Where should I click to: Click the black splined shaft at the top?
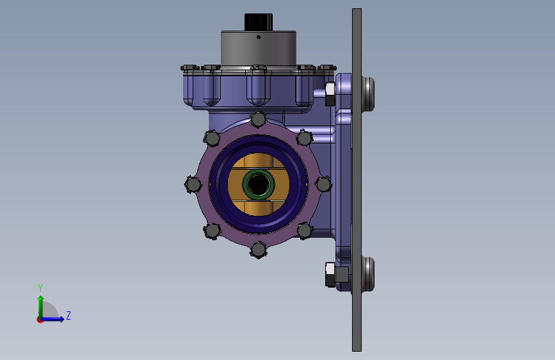[x=259, y=22]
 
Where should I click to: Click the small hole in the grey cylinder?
[x=259, y=37]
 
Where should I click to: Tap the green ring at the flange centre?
[x=259, y=184]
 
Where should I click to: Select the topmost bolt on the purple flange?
[x=259, y=119]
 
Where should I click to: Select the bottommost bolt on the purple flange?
[x=259, y=250]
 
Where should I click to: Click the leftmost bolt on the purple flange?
[x=193, y=184]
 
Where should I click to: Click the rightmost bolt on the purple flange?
[x=323, y=184]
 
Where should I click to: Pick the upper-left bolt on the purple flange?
[x=213, y=138]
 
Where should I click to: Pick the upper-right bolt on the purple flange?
[x=305, y=138]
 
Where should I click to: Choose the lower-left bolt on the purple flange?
[x=213, y=231]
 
